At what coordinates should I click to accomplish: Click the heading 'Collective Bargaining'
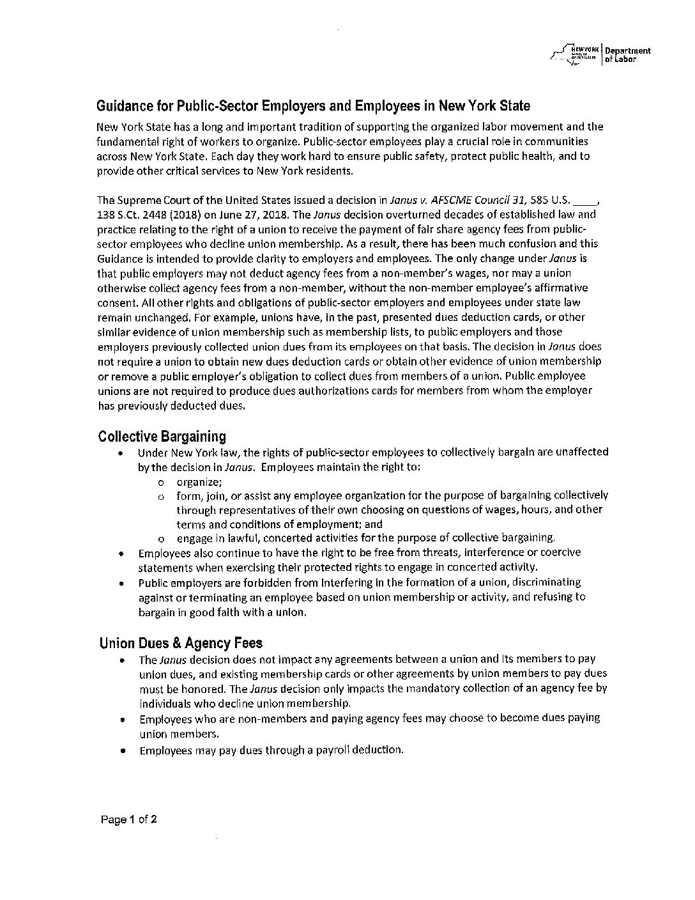pos(162,437)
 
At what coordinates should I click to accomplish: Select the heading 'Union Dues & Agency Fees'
pos(181,643)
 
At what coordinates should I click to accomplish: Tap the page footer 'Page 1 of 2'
pos(128,819)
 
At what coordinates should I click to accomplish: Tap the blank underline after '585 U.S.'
pos(585,201)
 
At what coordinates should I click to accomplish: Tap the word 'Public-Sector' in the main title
pos(217,105)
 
